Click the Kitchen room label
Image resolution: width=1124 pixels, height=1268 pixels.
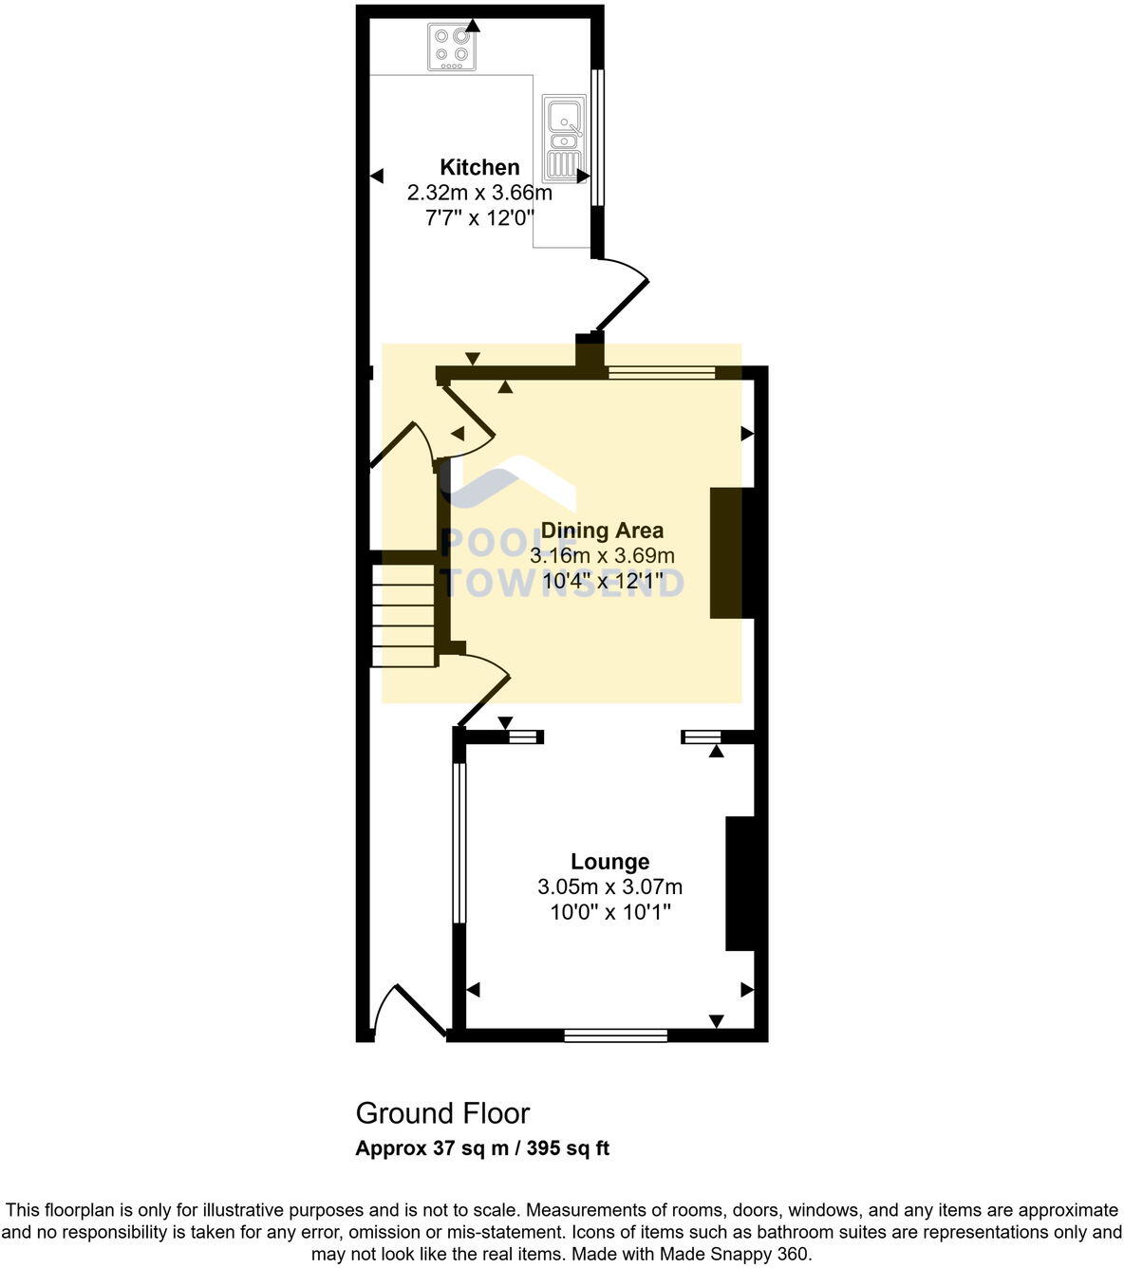tap(479, 168)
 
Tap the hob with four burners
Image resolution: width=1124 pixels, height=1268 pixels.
tap(452, 47)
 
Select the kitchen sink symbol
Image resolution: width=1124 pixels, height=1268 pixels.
tap(563, 138)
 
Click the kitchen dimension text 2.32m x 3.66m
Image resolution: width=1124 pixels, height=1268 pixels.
tap(479, 193)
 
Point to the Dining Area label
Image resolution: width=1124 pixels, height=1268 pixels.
tap(602, 531)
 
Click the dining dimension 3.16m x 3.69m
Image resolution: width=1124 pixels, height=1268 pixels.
tap(602, 555)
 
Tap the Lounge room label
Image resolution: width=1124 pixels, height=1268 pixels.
tap(609, 862)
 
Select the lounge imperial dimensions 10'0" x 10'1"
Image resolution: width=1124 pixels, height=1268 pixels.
tap(609, 912)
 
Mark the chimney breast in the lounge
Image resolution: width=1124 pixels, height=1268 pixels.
tap(740, 883)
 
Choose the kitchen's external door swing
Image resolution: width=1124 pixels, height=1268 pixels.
tap(620, 294)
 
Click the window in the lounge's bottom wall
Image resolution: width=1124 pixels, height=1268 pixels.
tap(615, 1035)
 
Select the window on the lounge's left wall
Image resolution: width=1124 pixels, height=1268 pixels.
tap(459, 842)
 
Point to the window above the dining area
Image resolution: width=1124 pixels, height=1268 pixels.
tap(662, 373)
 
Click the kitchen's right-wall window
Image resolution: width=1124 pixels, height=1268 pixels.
tap(597, 137)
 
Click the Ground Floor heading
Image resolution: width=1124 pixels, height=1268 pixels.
tap(442, 1113)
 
